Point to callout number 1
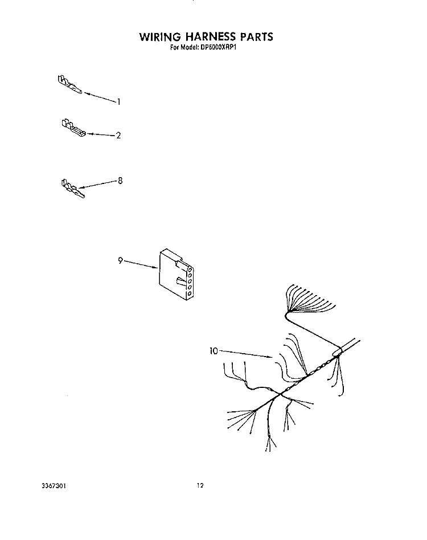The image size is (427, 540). pos(119,101)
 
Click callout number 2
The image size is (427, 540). pos(118,136)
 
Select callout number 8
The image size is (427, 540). pos(120,181)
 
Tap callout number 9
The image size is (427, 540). pos(121,260)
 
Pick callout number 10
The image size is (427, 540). pos(213,351)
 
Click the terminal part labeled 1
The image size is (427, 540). pos(70,84)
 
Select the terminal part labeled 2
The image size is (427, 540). pos(73,128)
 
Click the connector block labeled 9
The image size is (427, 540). pos(176,275)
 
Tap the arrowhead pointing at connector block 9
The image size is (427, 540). pos(155,267)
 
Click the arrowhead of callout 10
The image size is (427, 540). pos(270,357)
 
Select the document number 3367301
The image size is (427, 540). pos(54,485)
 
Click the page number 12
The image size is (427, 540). pos(200,485)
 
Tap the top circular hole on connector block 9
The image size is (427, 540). pos(190,269)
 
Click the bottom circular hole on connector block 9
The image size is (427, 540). pos(189,293)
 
